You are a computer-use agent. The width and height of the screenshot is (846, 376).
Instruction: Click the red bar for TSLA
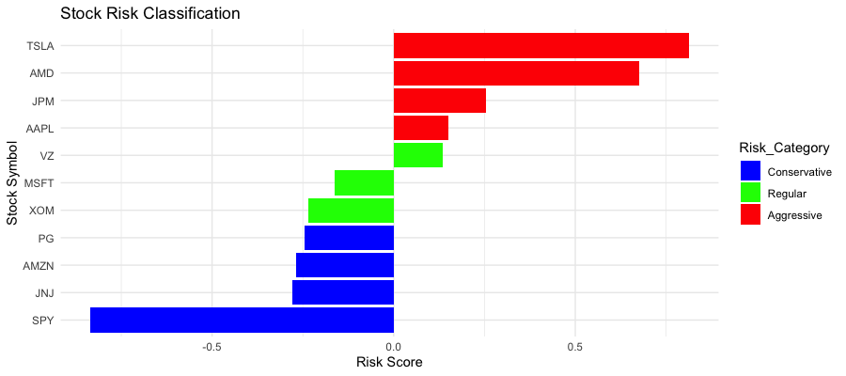[540, 45]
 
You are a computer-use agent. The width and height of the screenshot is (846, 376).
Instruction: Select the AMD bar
[516, 72]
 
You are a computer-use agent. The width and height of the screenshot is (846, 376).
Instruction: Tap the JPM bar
[439, 101]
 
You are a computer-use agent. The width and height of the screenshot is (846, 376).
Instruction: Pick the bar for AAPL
[420, 128]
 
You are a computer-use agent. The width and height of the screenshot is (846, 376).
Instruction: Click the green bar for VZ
[417, 155]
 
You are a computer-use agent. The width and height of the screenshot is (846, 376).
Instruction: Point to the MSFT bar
[364, 182]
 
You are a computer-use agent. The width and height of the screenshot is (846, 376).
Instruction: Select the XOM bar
[351, 210]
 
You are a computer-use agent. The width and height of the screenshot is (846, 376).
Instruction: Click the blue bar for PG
[349, 238]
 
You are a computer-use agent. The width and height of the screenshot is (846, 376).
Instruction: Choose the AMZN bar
[344, 265]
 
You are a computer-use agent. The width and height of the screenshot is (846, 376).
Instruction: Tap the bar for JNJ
[342, 292]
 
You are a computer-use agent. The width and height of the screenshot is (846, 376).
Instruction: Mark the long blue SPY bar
[242, 320]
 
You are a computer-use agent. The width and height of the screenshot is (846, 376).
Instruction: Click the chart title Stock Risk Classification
[149, 14]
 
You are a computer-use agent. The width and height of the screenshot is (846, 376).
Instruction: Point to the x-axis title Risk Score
[389, 362]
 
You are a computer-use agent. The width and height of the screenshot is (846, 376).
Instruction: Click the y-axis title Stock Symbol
[12, 182]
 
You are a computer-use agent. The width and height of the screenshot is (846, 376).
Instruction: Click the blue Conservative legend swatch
[750, 171]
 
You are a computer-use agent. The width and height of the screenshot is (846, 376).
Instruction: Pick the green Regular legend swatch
[750, 193]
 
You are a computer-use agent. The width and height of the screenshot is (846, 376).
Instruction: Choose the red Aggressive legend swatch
[750, 214]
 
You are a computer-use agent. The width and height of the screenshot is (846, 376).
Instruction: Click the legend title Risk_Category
[783, 148]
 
